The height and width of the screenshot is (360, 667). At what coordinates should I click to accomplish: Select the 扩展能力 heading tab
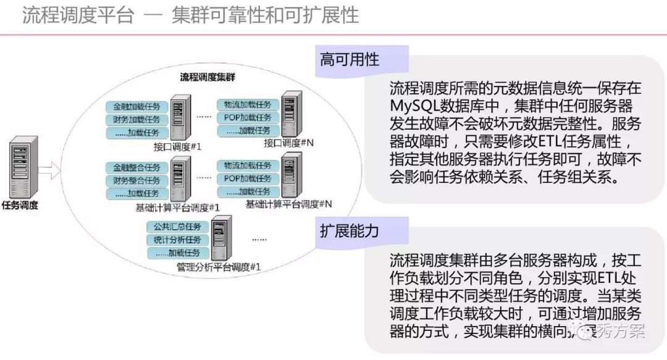point(350,231)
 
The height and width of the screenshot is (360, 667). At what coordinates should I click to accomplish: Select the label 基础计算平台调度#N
point(289,204)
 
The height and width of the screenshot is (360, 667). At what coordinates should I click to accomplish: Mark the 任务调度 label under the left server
point(20,206)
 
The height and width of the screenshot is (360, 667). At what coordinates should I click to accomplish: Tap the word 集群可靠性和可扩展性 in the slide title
point(266,15)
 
